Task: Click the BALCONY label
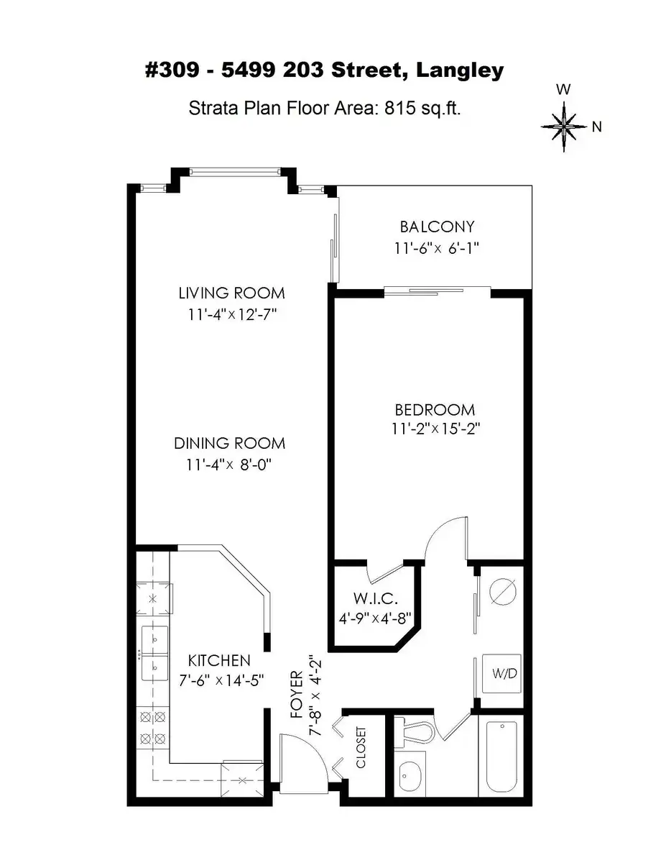pos(437,227)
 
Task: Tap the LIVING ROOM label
pos(231,293)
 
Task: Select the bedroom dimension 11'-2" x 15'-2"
pos(436,429)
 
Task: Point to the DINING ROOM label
pos(230,443)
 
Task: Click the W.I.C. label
pos(375,598)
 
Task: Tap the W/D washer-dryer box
pos(501,674)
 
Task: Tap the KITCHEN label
pos(219,660)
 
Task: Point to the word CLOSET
pos(361,747)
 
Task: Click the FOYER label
pos(297,695)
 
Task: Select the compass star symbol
pos(564,127)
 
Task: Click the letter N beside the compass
pos(596,127)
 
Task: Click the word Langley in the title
pos(460,71)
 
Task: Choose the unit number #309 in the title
pos(172,70)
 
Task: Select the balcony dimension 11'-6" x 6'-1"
pos(436,249)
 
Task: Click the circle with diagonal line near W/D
pos(503,592)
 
